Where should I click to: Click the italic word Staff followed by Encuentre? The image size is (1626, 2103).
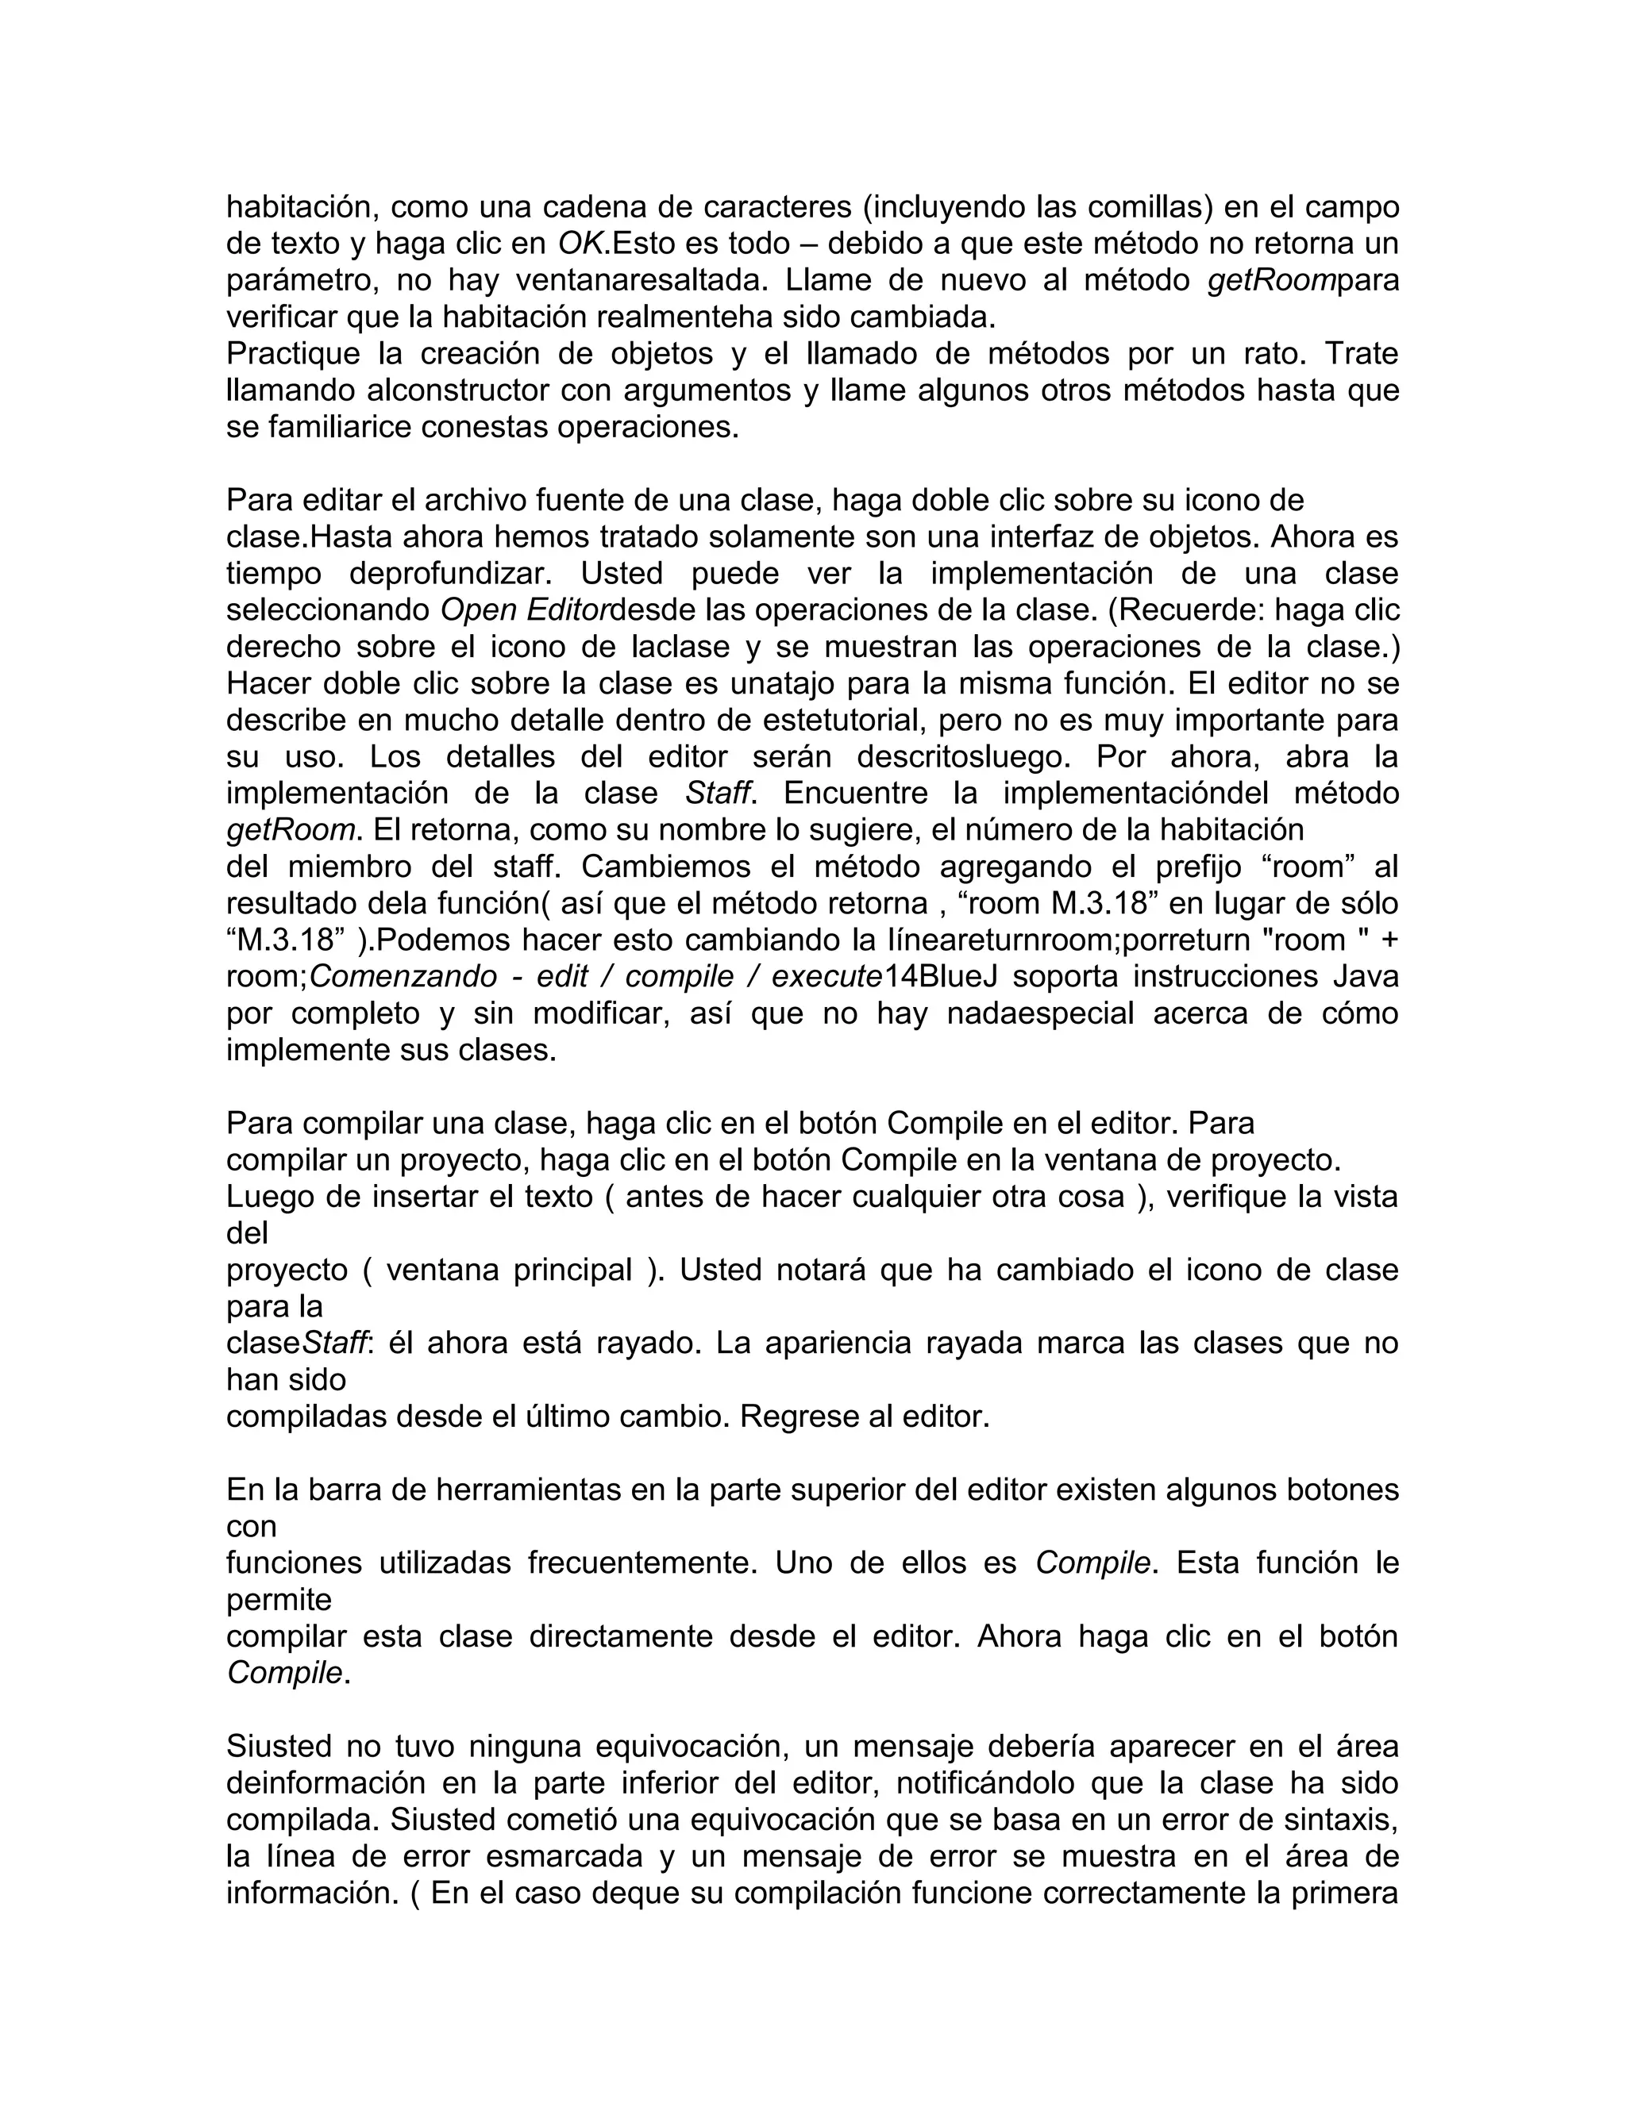tap(717, 793)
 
